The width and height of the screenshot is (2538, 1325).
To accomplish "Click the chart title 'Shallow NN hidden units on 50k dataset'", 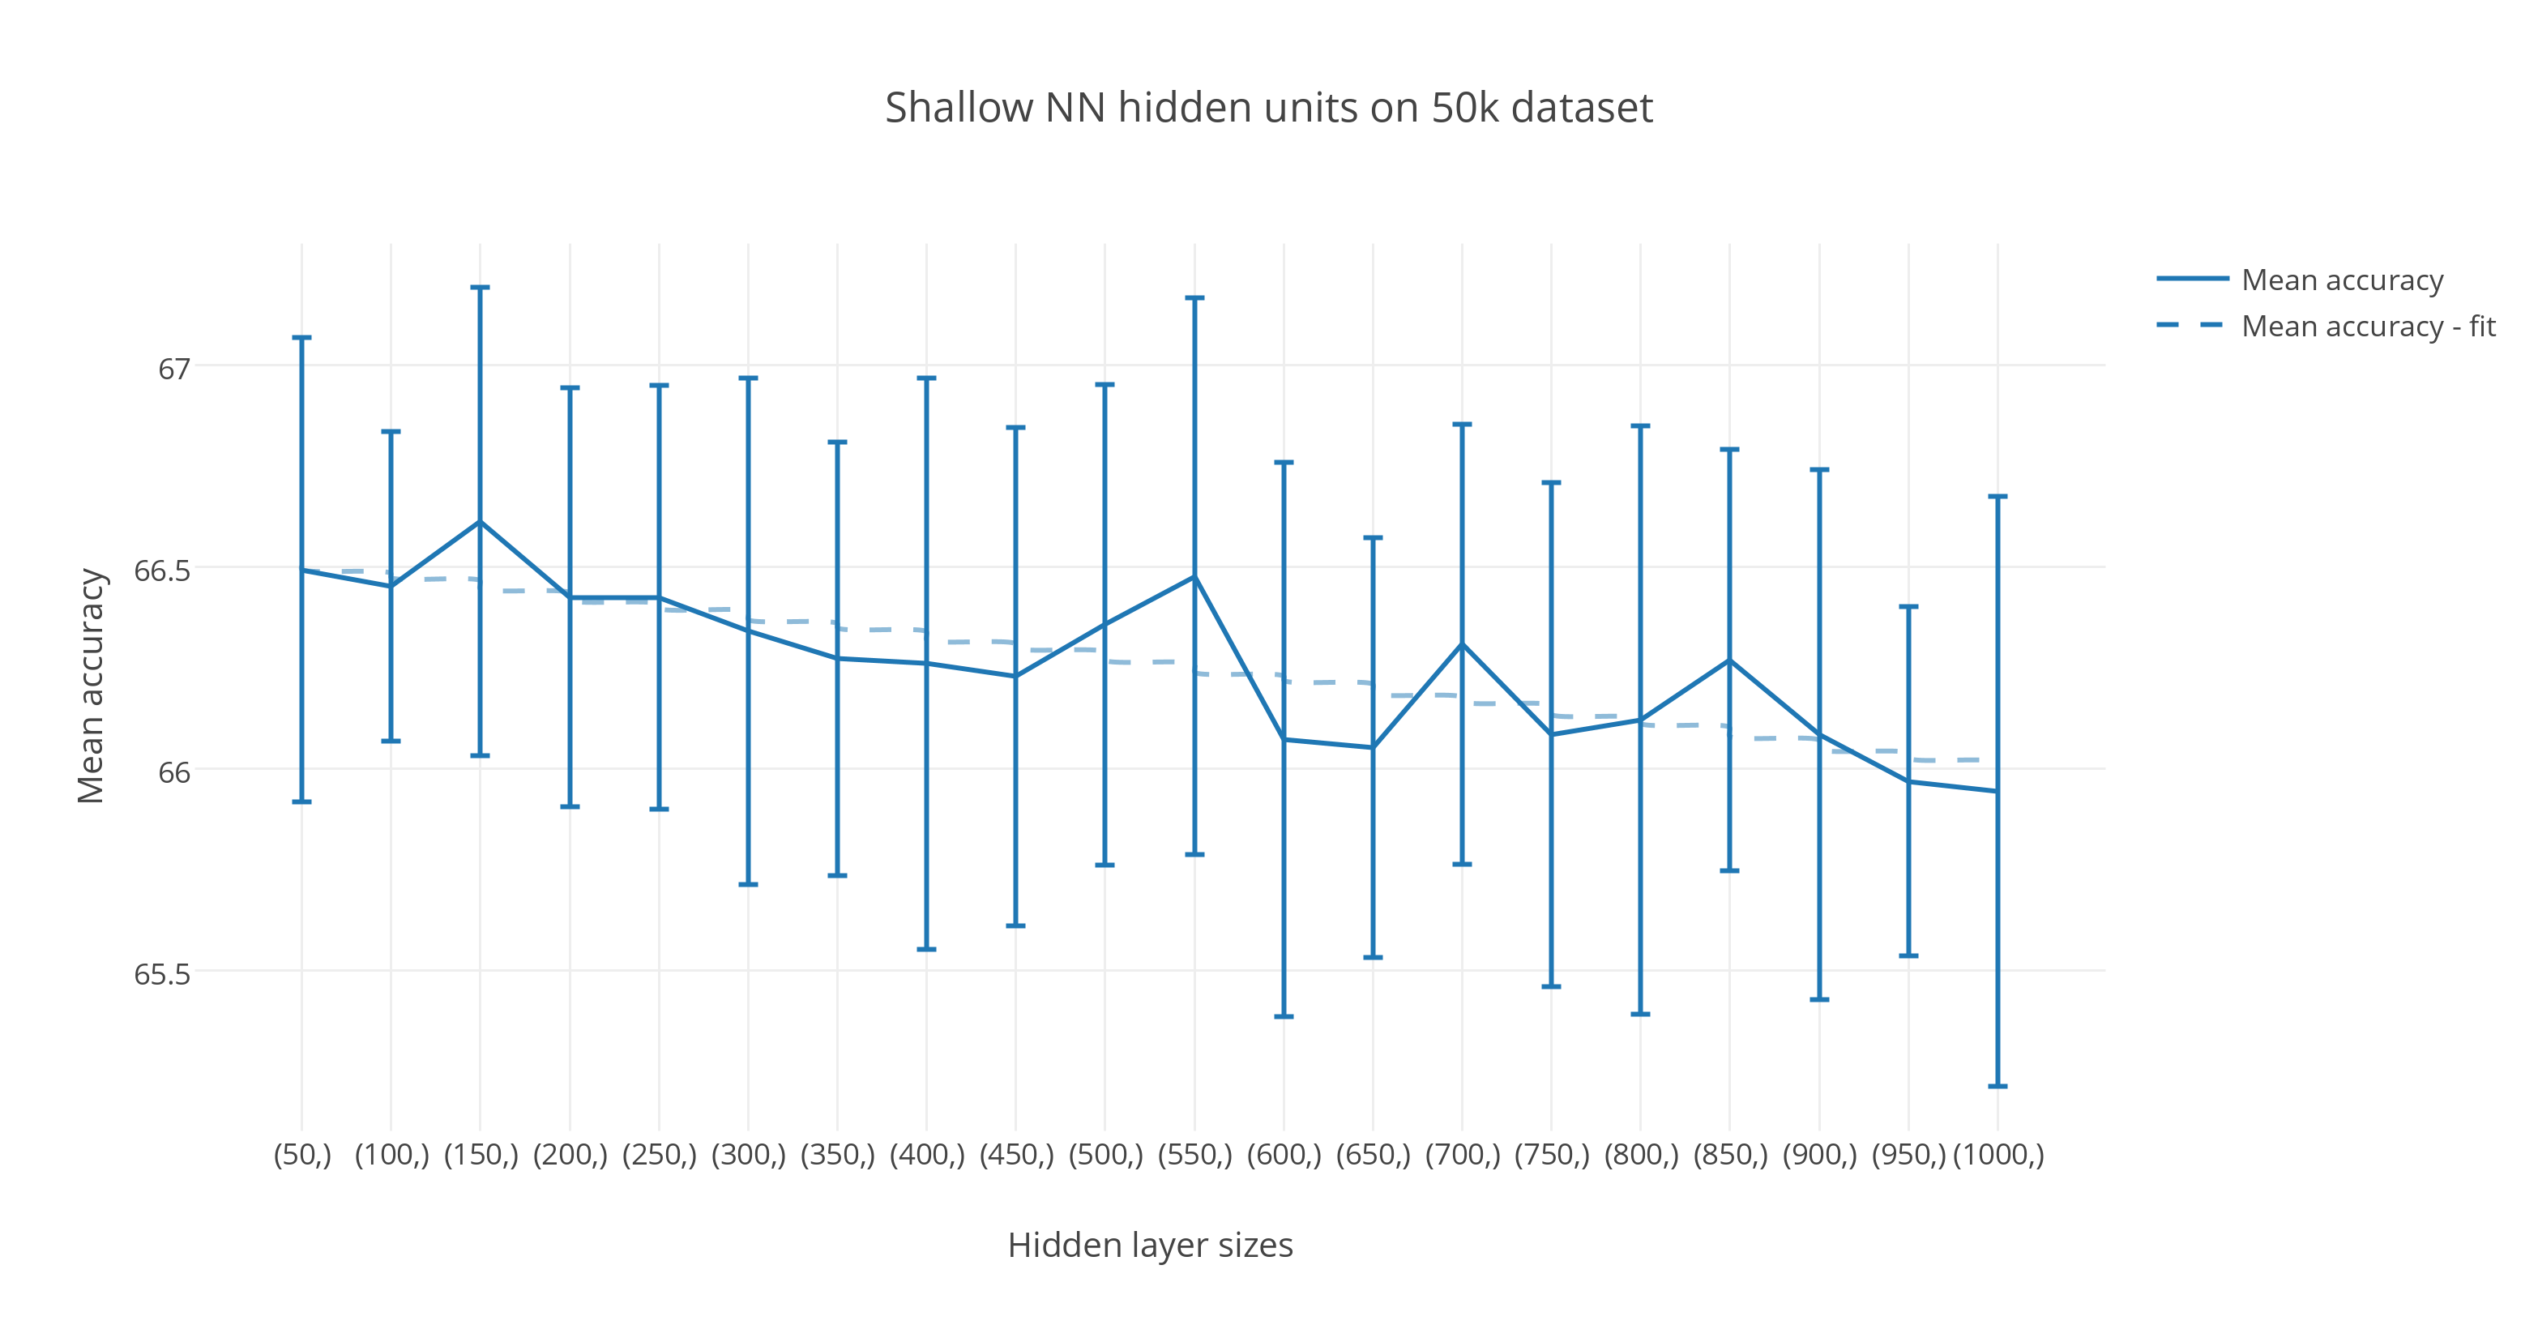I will click(1268, 108).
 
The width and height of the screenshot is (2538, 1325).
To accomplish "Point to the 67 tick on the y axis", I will click(173, 369).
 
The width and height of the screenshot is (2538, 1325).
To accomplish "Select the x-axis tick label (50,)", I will click(301, 1155).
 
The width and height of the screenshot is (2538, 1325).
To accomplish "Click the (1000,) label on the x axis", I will click(1997, 1155).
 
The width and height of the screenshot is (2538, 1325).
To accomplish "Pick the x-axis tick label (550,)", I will click(1194, 1155).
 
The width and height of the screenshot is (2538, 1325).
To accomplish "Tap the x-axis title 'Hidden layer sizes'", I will click(1150, 1246).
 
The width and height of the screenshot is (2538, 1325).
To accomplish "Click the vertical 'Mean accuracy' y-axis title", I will click(91, 686).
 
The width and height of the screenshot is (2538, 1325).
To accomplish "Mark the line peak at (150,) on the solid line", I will click(480, 521).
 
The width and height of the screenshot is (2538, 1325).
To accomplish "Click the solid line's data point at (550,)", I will click(1194, 576).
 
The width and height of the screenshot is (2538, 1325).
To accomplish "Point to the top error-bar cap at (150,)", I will click(480, 288).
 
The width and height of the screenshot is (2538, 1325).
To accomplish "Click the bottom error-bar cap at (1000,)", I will click(1997, 1086).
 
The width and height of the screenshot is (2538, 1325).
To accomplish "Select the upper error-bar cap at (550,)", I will click(1194, 297).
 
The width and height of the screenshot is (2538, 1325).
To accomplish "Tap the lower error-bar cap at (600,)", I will click(1284, 1015).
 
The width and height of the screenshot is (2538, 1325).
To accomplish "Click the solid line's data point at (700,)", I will click(1462, 644).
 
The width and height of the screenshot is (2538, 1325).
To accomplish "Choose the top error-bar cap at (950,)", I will click(1908, 607).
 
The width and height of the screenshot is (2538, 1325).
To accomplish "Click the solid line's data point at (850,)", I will click(1729, 660).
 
